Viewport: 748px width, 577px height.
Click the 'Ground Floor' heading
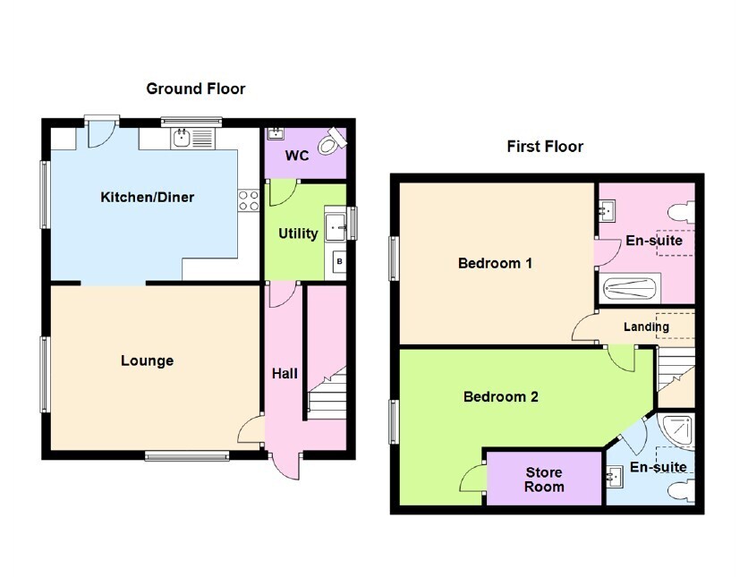(196, 89)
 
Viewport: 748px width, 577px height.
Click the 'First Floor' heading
(545, 147)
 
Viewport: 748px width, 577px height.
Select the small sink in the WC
(276, 133)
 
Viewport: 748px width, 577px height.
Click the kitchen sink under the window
(192, 138)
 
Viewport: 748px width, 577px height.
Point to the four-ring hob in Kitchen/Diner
(249, 200)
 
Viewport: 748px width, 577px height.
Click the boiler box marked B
(339, 261)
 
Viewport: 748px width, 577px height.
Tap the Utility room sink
(336, 228)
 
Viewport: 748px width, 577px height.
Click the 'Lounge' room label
(147, 361)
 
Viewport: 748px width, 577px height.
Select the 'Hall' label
(285, 373)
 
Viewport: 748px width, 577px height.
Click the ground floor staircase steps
(327, 394)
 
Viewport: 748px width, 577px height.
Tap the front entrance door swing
(286, 465)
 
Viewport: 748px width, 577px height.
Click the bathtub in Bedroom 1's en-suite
(630, 288)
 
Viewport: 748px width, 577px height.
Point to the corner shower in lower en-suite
(676, 431)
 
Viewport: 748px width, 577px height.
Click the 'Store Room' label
(544, 479)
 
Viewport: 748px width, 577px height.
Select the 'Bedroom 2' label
(501, 397)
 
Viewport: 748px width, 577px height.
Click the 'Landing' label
(646, 327)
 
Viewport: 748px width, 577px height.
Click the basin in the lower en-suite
(615, 477)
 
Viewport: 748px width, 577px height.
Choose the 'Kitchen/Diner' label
(148, 197)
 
